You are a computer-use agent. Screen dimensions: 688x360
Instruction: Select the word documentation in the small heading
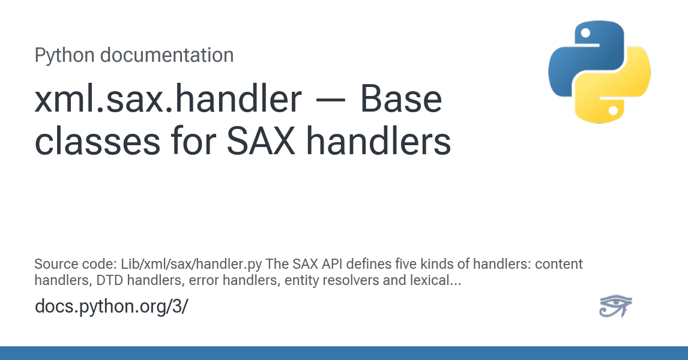click(x=167, y=55)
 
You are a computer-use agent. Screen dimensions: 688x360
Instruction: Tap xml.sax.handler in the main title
click(x=168, y=99)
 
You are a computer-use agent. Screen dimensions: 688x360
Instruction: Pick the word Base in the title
click(x=401, y=100)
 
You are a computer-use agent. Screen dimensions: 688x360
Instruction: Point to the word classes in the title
click(x=97, y=141)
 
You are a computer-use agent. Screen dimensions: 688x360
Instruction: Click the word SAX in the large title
click(x=261, y=141)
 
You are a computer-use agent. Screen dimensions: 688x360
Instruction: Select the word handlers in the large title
click(x=378, y=141)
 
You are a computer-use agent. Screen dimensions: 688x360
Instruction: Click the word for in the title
click(x=193, y=141)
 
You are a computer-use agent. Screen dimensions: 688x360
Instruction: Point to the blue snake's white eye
click(x=585, y=34)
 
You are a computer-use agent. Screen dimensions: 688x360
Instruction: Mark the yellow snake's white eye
click(x=614, y=110)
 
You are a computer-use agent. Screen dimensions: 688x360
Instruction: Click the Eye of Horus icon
click(x=615, y=305)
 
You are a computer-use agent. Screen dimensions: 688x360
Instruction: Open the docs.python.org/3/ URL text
click(x=111, y=306)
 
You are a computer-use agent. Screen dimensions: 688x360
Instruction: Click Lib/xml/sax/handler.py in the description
click(x=192, y=264)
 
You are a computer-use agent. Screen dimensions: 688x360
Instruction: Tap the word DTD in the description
click(x=110, y=280)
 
